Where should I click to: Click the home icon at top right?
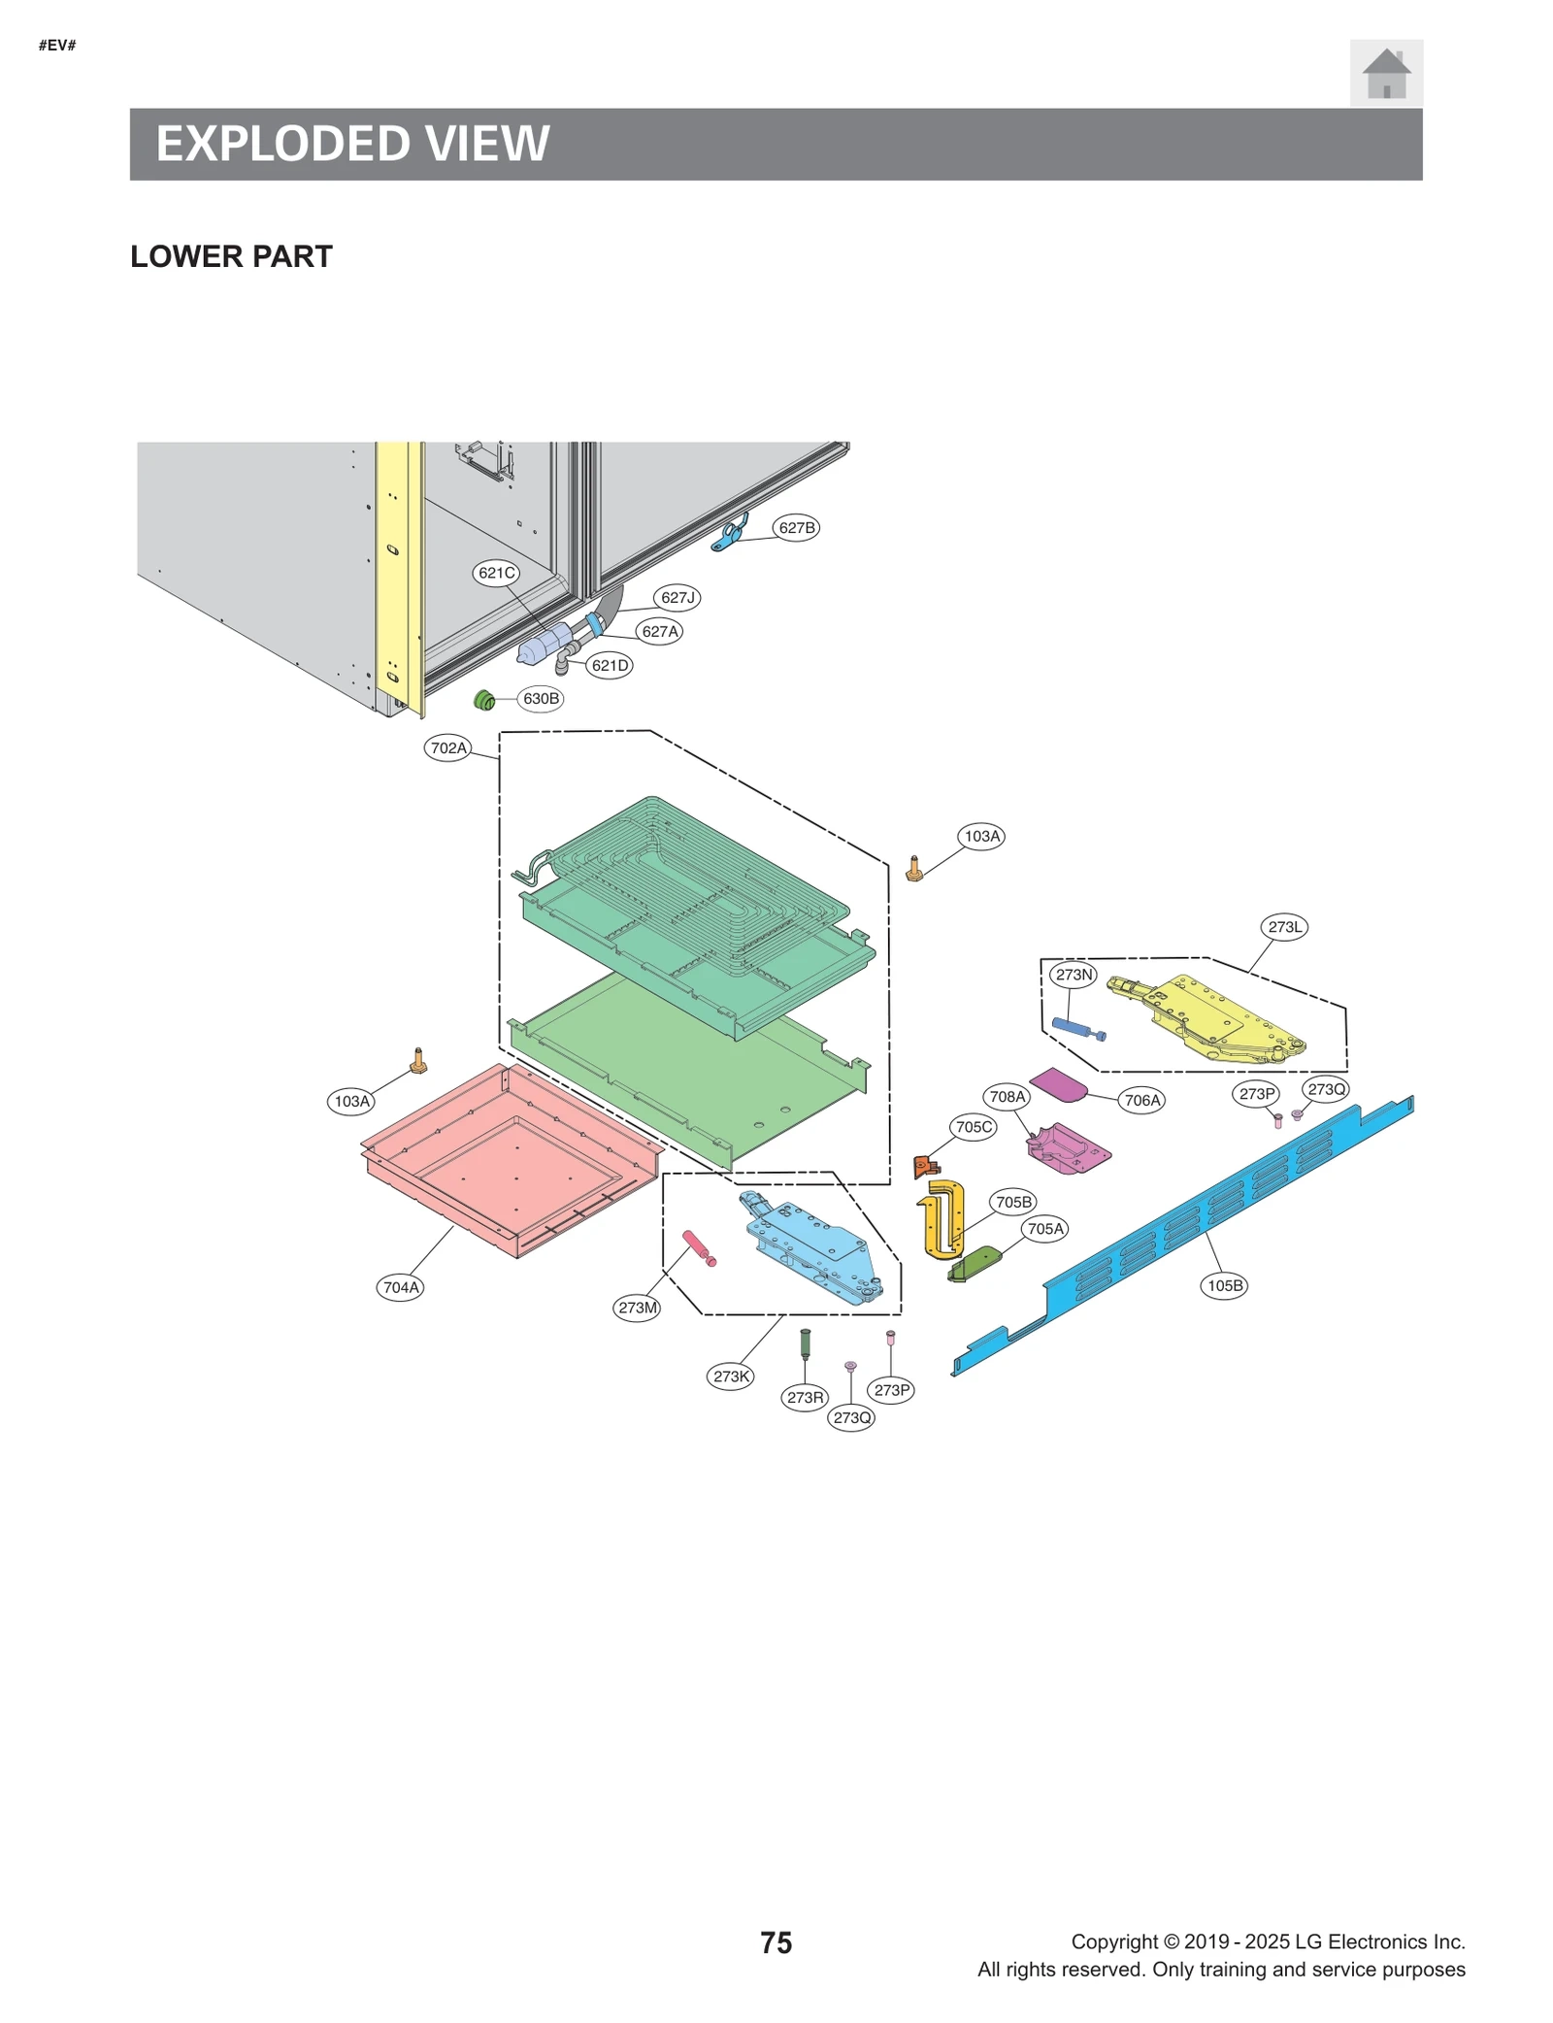1385,73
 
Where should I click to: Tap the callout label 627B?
796,527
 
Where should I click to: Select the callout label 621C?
496,572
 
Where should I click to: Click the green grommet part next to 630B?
484,699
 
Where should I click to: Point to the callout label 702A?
448,747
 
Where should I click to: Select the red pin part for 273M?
698,1246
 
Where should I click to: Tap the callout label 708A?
1007,1096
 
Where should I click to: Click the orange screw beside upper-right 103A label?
913,868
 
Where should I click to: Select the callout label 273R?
805,1397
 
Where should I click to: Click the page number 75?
776,1942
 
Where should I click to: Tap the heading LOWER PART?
231,256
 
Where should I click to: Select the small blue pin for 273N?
1075,1028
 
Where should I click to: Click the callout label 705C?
974,1126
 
